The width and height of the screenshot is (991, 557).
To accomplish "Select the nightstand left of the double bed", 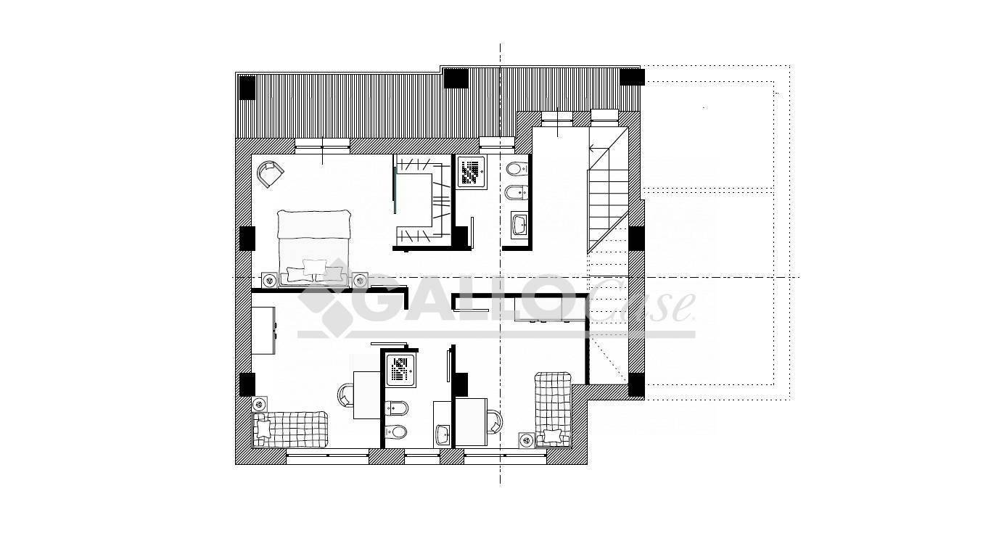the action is tap(269, 280).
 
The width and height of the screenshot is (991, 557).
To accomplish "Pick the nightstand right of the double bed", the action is tap(360, 280).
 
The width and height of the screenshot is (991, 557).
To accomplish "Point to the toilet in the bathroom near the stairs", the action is tap(517, 168).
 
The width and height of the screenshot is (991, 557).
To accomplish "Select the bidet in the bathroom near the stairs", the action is tap(516, 192).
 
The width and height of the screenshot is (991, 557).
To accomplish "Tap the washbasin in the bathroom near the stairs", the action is tap(519, 225).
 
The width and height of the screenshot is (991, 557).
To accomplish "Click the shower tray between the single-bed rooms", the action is tap(400, 370).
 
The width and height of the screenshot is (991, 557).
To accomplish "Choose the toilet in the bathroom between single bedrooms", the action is tap(395, 431).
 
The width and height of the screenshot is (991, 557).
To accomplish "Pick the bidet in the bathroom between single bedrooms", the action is tap(396, 408).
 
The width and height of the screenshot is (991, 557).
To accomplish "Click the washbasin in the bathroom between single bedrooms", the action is tap(443, 435).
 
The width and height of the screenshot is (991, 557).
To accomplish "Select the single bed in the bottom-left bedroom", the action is tap(290, 429).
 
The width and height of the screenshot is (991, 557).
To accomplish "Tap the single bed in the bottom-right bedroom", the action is tap(553, 410).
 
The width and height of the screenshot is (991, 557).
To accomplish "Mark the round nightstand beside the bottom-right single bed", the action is tap(526, 440).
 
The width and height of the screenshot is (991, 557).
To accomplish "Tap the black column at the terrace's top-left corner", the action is tap(247, 88).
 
